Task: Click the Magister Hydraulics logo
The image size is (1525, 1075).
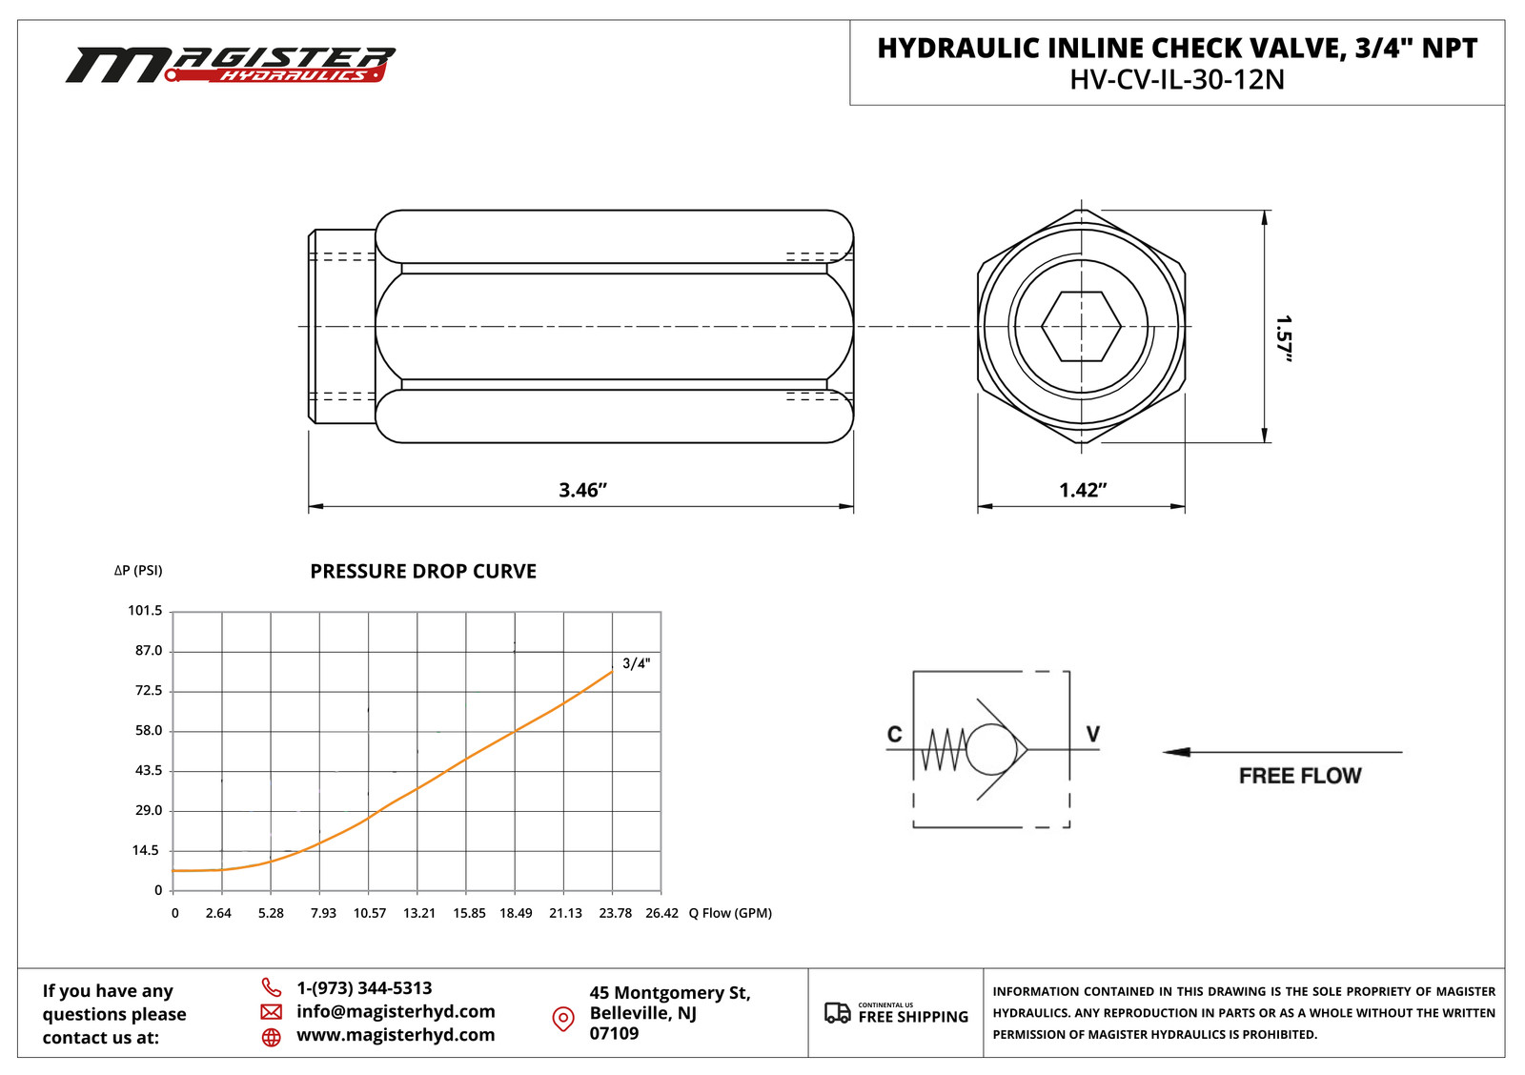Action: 229,65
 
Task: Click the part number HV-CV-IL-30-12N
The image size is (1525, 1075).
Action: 1176,79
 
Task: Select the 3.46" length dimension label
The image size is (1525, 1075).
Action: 582,490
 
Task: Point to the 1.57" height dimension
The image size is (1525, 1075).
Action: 1284,338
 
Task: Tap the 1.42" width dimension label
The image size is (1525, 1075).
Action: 1083,490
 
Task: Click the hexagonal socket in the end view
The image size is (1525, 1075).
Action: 1081,327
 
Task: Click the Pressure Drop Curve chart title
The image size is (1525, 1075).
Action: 423,571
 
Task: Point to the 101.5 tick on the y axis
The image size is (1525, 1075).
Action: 145,610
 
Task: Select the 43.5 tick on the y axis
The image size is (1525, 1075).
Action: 149,770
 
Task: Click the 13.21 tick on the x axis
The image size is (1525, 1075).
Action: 419,913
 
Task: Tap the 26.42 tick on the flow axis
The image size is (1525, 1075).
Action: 661,913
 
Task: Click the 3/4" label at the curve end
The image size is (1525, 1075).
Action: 636,663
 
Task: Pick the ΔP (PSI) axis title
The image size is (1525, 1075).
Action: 138,570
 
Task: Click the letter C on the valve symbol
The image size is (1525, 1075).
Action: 894,734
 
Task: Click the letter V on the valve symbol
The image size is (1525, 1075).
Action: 1093,734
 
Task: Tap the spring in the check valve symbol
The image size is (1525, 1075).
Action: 944,750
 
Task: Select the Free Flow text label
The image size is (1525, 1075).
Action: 1300,776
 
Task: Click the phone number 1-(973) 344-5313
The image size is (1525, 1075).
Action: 364,988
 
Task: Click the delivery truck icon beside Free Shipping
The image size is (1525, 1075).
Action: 837,1013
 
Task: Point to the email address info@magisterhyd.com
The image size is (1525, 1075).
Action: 396,1011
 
